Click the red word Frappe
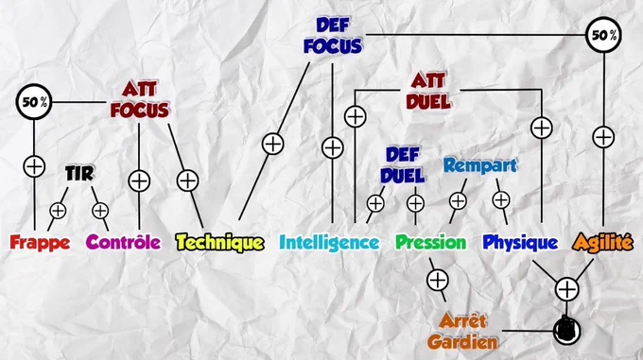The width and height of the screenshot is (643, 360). [x=40, y=243]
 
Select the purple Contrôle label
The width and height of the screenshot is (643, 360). [x=124, y=242]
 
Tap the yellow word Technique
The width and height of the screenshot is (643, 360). [x=219, y=243]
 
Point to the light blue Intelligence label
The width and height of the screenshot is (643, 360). [x=329, y=243]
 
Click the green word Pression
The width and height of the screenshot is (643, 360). [x=430, y=242]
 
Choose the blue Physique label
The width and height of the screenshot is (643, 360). [x=520, y=243]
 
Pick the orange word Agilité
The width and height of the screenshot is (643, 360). [x=603, y=242]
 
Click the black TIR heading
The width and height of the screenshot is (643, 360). [x=79, y=174]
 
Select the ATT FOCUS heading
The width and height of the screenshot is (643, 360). [x=140, y=100]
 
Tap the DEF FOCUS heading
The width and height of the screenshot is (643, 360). [x=333, y=36]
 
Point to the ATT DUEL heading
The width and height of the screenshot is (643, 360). [x=428, y=91]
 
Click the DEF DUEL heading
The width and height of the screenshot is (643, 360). [x=402, y=165]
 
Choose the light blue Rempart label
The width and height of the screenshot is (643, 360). [x=480, y=165]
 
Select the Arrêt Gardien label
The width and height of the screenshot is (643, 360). [x=462, y=332]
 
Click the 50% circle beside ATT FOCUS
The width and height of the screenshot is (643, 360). [x=34, y=102]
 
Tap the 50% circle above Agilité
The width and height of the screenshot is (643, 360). [x=603, y=35]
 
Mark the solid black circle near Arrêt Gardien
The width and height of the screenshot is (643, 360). [x=566, y=331]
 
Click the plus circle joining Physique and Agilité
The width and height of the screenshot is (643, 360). [x=566, y=289]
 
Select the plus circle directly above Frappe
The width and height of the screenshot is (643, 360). [x=34, y=166]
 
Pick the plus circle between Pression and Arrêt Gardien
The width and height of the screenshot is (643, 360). [x=438, y=280]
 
